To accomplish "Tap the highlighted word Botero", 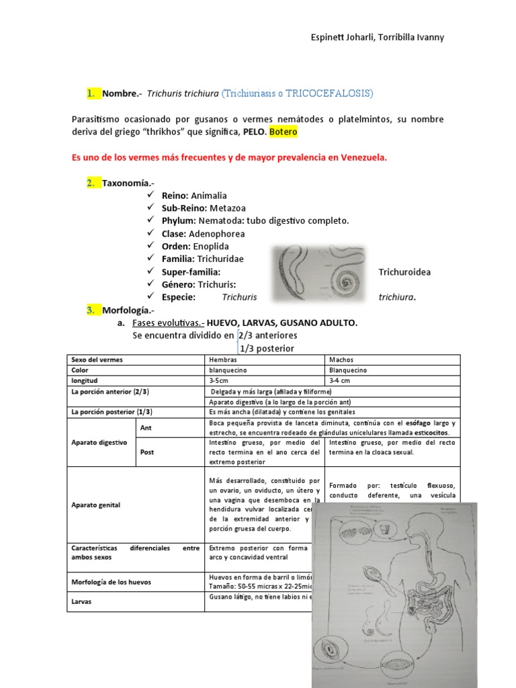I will click(283, 132).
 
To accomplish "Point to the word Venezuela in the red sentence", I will click(362, 158).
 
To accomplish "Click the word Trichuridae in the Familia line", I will click(220, 259).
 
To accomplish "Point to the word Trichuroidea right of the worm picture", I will click(404, 271).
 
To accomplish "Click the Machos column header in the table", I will click(341, 359).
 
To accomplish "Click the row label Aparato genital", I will click(95, 505).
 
